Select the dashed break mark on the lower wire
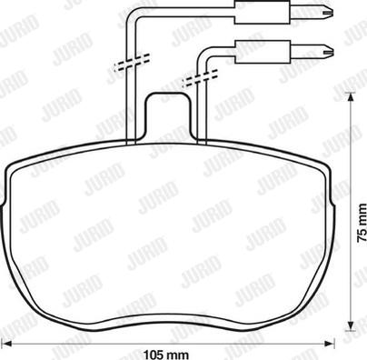point(195,80)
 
